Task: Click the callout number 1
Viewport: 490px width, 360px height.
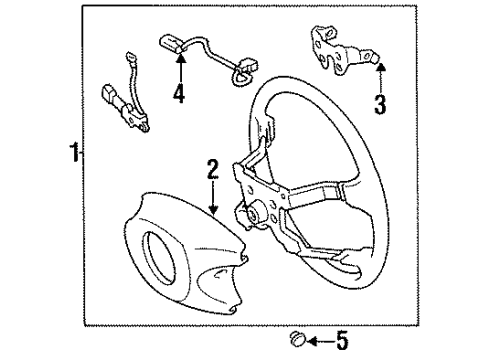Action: pos(73,154)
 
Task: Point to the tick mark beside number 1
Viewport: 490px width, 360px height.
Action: pos(83,154)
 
